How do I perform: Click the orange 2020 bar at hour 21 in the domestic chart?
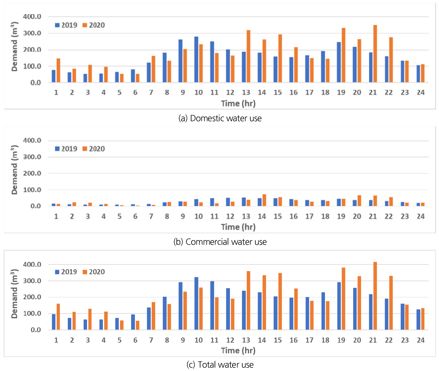click(x=375, y=54)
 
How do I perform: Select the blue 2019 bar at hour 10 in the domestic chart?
click(x=196, y=60)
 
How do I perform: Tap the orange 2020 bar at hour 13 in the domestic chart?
click(x=248, y=56)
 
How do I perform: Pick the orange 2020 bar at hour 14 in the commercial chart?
click(x=264, y=200)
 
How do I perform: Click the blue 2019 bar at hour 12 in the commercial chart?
click(x=228, y=202)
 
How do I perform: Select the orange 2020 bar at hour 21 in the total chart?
click(x=375, y=296)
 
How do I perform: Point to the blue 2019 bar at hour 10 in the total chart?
click(x=196, y=303)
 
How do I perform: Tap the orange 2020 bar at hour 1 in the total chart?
click(x=58, y=317)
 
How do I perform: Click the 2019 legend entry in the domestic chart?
click(x=66, y=25)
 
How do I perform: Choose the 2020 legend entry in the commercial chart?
click(x=94, y=149)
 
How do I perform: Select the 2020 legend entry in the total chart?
click(x=94, y=272)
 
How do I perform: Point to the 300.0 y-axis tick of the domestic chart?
click(x=32, y=33)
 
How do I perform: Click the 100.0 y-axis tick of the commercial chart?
click(x=32, y=190)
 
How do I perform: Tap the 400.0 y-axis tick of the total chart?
click(x=32, y=264)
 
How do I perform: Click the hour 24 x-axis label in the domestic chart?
click(x=421, y=92)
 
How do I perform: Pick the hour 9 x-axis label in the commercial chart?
click(x=183, y=216)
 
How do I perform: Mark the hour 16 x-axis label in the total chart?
click(x=294, y=340)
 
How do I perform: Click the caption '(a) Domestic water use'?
click(x=220, y=118)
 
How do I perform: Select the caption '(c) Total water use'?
click(x=220, y=364)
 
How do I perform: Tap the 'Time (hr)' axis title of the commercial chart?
click(x=238, y=227)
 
